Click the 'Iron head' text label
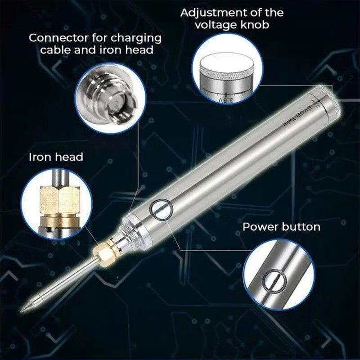coord(56,157)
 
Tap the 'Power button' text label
coord(281,226)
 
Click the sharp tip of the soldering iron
coord(22,310)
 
